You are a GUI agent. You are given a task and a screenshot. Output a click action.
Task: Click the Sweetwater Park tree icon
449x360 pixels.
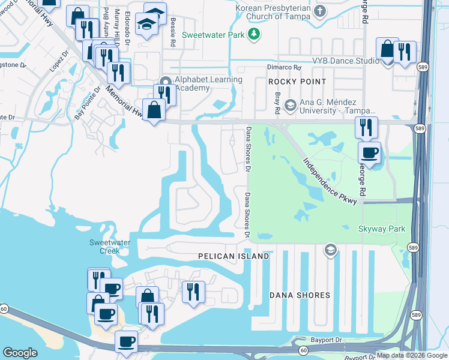255,34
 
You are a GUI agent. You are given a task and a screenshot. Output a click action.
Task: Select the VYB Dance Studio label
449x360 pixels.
345,61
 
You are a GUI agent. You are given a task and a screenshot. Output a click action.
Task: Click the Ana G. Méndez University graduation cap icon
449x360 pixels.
290,106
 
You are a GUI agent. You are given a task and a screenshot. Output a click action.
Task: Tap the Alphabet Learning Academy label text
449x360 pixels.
208,83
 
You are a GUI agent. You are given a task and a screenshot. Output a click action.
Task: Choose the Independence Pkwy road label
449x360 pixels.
330,181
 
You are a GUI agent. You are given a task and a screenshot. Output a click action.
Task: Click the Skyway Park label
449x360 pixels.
381,229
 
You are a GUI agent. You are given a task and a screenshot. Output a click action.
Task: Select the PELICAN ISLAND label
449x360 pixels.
234,256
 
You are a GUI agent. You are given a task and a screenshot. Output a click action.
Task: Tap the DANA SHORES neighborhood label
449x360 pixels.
300,295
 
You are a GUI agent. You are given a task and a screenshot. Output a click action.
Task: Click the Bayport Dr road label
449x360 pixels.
330,341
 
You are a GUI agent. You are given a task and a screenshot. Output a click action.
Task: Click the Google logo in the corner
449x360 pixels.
20,353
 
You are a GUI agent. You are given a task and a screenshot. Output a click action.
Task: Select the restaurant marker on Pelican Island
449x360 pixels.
193,292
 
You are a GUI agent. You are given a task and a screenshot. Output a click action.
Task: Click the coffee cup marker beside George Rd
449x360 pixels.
370,152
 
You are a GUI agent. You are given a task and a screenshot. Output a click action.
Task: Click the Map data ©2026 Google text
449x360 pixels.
411,355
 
